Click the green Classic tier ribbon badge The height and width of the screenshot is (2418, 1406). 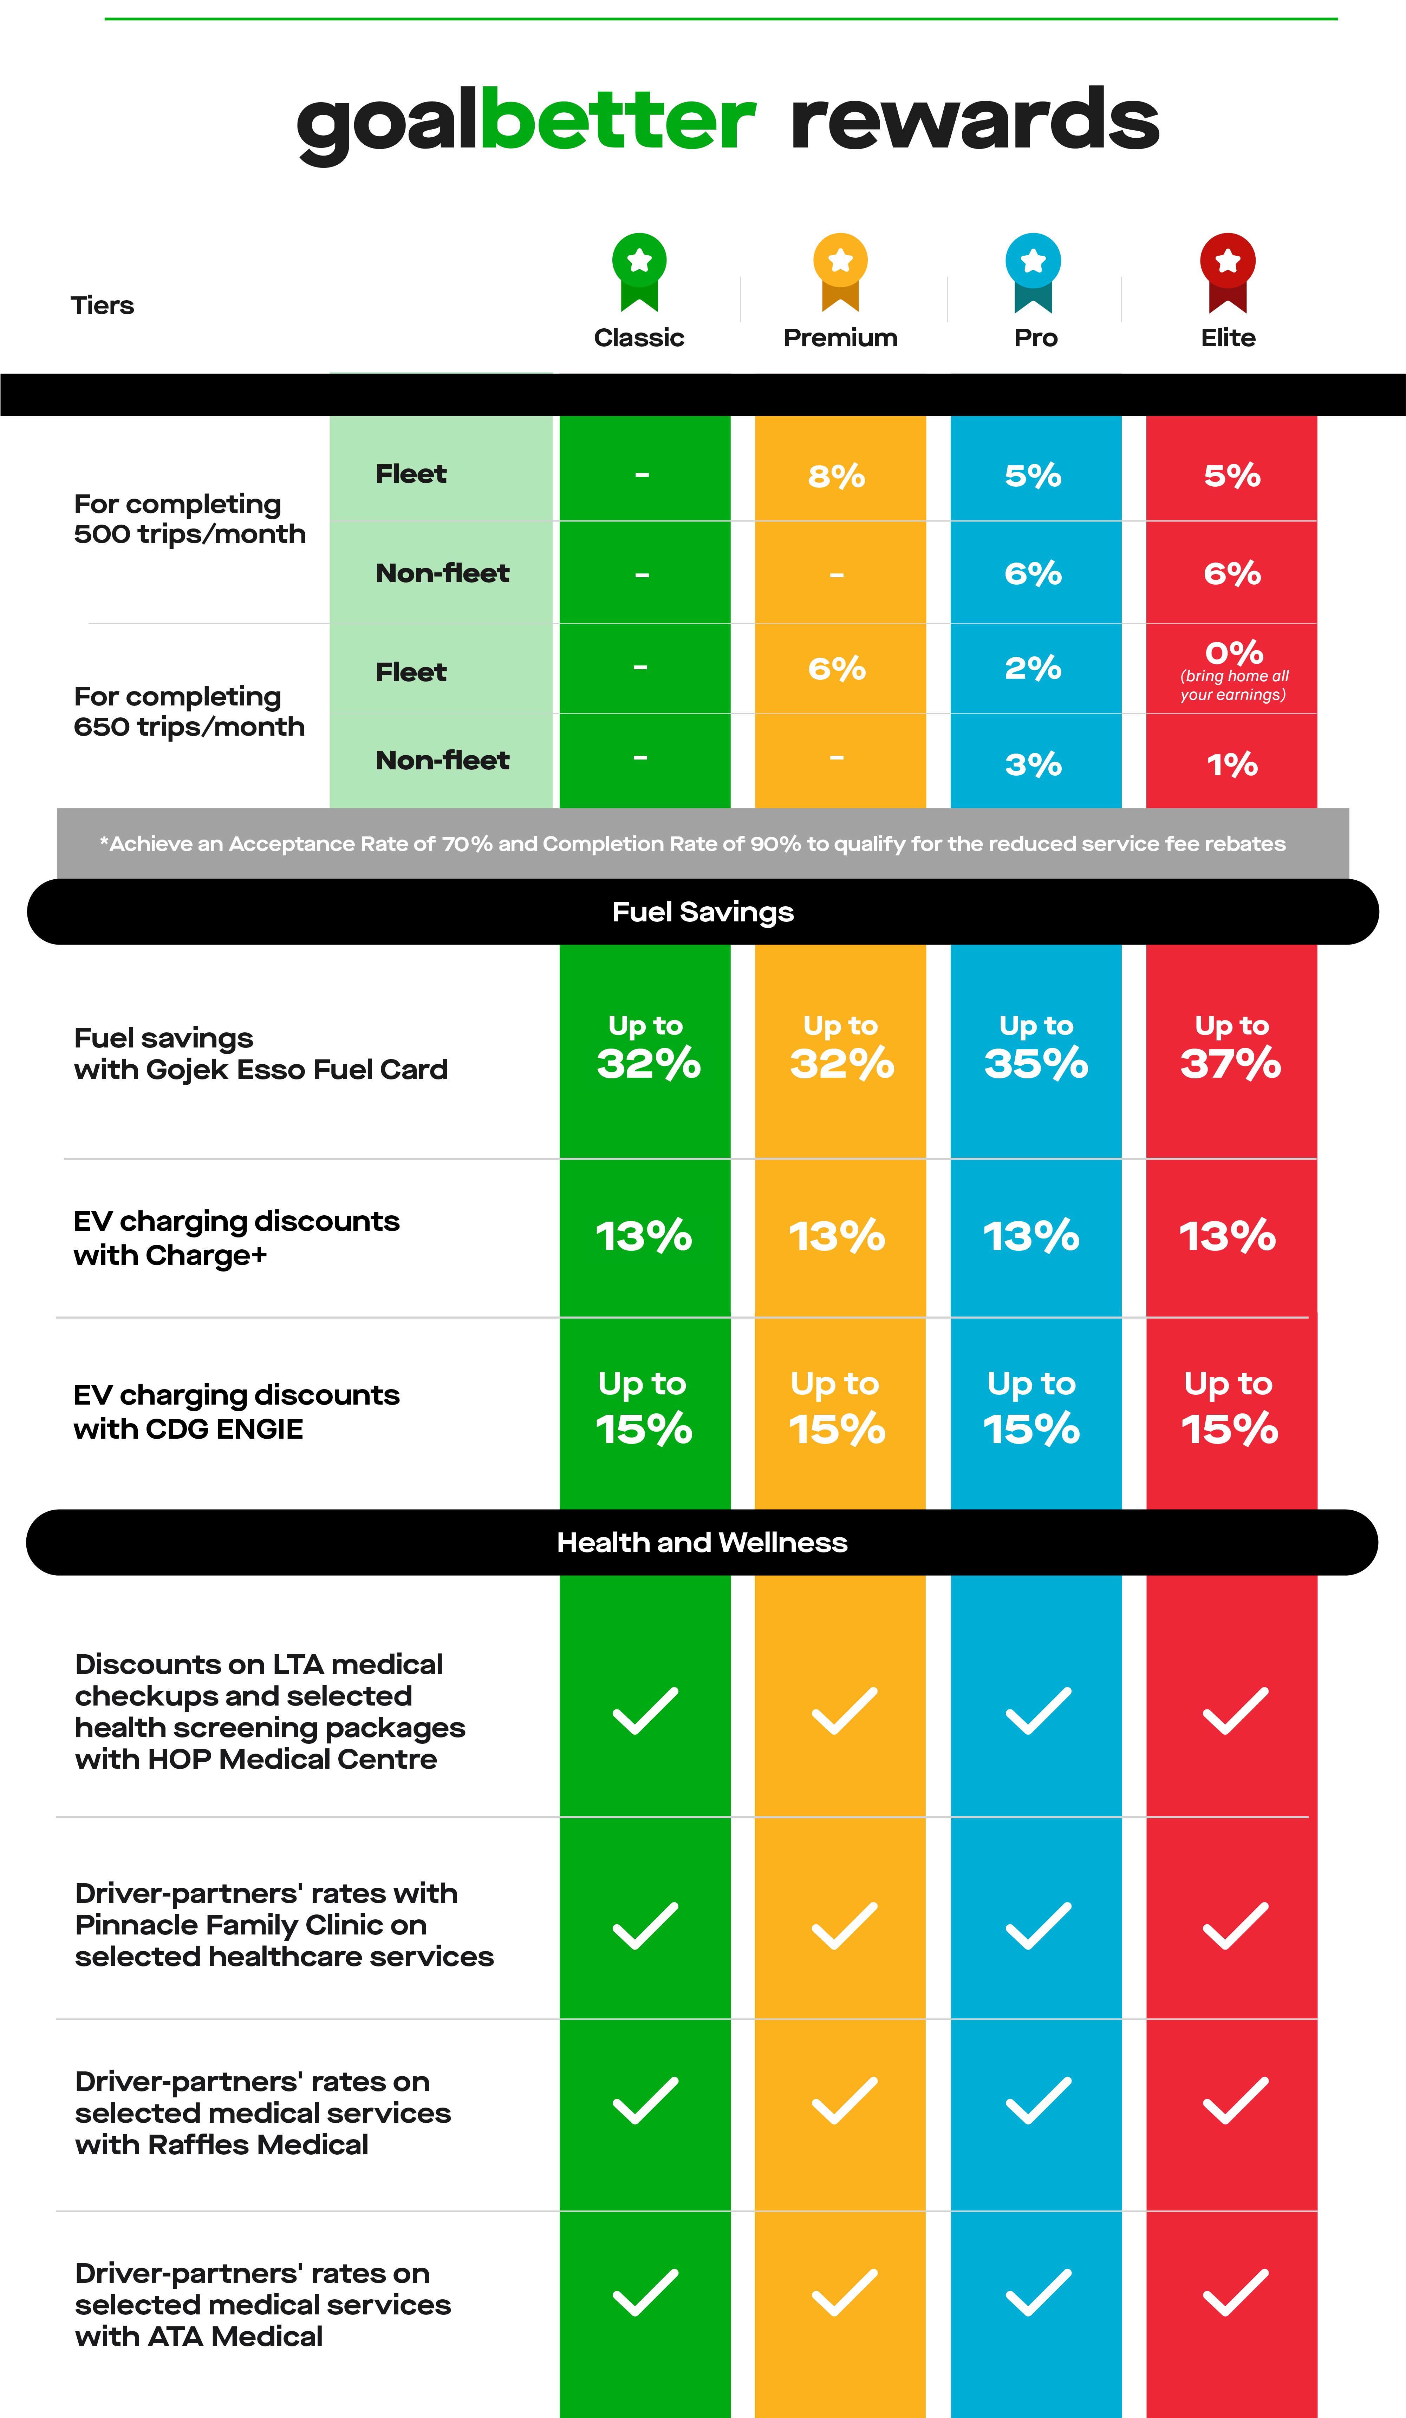[x=639, y=271]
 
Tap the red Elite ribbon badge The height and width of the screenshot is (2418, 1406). [x=1228, y=271]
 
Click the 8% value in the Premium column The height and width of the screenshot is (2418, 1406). [x=837, y=476]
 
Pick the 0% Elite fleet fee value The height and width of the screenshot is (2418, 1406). [x=1234, y=652]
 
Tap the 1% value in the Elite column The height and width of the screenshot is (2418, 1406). [x=1232, y=765]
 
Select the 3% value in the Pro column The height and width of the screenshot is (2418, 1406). [x=1034, y=765]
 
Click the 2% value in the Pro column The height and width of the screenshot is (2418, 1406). [x=1034, y=668]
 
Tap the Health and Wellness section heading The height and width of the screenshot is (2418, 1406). [x=703, y=1542]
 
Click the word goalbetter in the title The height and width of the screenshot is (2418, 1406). [x=526, y=122]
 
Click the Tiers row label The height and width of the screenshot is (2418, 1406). [x=102, y=305]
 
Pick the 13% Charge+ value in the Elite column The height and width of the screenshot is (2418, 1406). [x=1228, y=1236]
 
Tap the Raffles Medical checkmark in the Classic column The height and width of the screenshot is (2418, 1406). [x=645, y=2101]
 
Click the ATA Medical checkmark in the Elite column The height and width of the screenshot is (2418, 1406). [x=1235, y=2292]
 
